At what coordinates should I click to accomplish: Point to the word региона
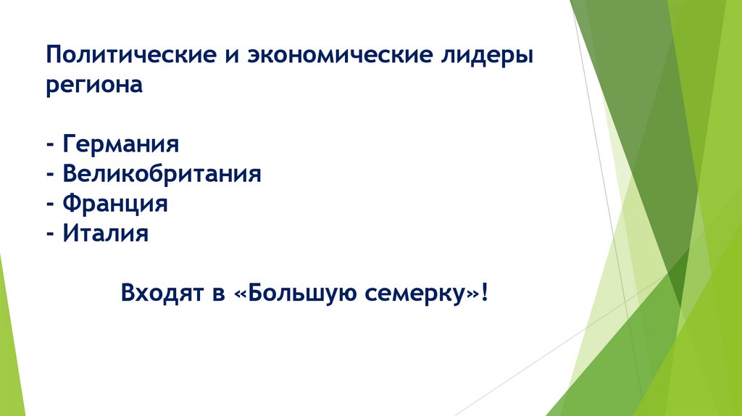click(x=95, y=86)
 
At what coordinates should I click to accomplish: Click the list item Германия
click(x=120, y=144)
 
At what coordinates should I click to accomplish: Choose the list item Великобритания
click(x=161, y=174)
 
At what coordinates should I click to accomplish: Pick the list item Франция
click(x=115, y=204)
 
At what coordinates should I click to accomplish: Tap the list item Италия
click(x=105, y=233)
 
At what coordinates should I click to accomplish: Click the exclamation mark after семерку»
click(x=483, y=294)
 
